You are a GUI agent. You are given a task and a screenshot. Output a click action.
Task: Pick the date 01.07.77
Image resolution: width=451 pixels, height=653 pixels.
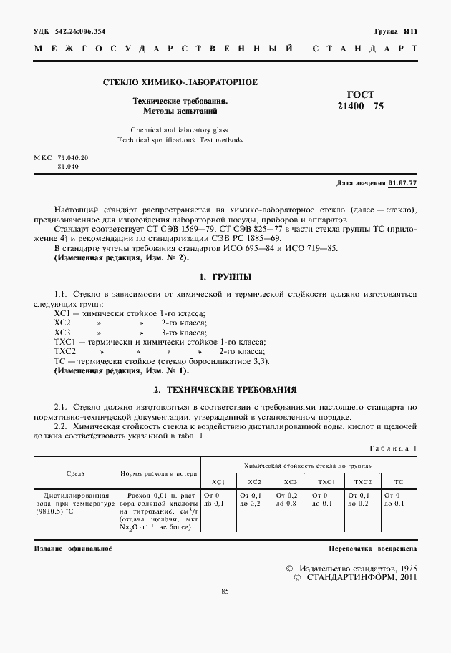[403, 183]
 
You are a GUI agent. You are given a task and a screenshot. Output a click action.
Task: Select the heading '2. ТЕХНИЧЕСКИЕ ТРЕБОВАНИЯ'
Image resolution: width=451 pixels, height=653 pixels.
[225, 390]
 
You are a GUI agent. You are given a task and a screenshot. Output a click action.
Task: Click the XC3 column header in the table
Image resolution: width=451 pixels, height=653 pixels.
[291, 482]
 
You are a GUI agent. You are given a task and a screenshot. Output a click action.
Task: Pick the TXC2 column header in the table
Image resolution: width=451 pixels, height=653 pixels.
[363, 482]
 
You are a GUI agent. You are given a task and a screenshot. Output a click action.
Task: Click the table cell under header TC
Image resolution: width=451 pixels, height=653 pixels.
[394, 499]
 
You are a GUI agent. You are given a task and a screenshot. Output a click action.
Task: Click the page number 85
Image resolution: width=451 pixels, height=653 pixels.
[225, 591]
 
